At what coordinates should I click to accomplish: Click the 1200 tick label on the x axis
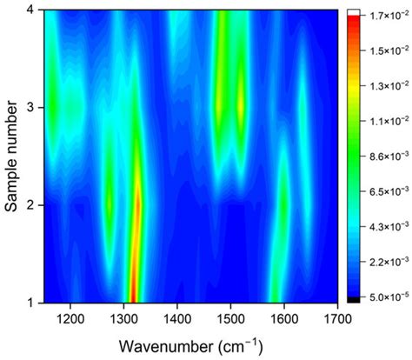click(x=70, y=319)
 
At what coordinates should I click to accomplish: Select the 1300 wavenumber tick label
click(x=123, y=319)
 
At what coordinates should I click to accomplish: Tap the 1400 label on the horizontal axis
click(x=177, y=319)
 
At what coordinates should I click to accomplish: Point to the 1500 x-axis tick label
click(x=230, y=319)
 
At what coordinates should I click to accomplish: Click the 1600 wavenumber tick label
click(x=284, y=319)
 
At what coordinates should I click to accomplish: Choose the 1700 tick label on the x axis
click(x=337, y=319)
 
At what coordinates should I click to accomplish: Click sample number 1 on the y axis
click(x=38, y=303)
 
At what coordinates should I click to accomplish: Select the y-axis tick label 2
click(x=38, y=205)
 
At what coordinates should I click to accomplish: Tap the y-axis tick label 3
click(x=38, y=108)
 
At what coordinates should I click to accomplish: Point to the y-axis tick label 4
click(x=38, y=10)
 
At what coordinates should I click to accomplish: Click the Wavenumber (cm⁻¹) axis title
click(x=191, y=346)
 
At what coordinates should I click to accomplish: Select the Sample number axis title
click(x=11, y=157)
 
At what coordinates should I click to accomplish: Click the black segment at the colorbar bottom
click(x=354, y=300)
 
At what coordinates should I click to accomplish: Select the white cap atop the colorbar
click(x=354, y=12)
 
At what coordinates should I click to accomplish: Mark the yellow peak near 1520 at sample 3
click(x=241, y=107)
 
